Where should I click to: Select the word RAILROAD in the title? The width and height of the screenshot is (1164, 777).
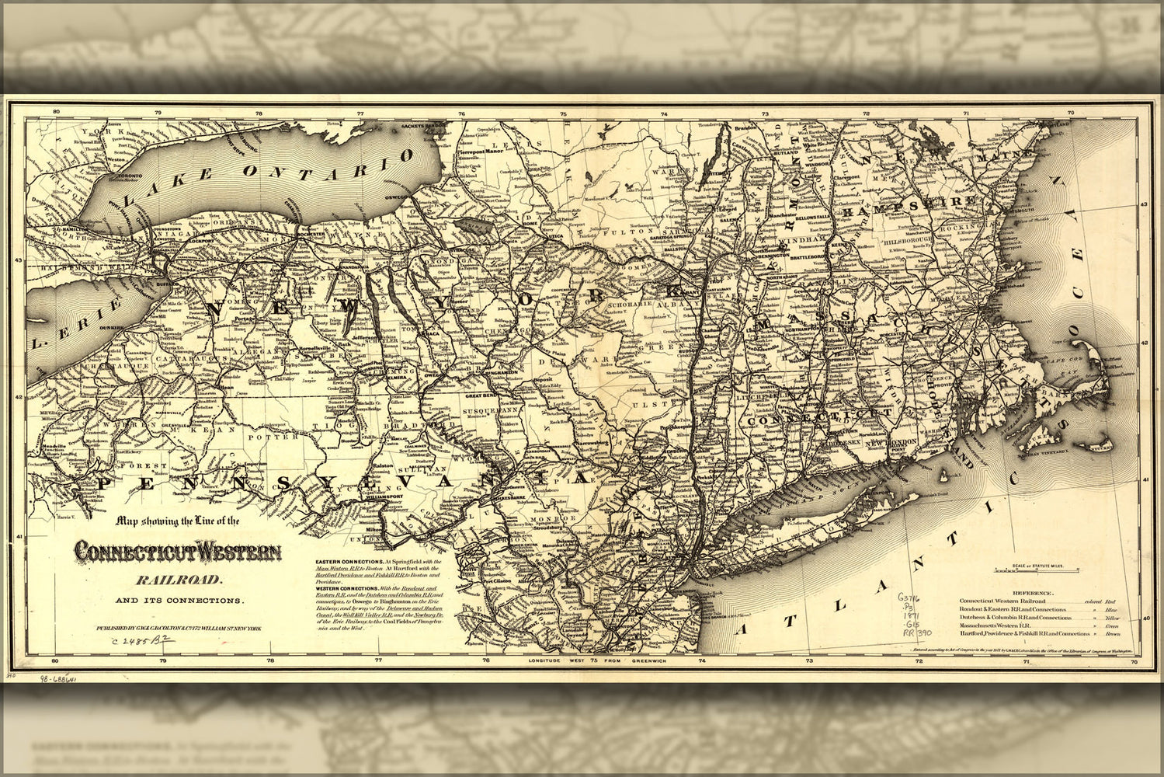180,579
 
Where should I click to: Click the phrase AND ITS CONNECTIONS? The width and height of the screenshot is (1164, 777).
179,601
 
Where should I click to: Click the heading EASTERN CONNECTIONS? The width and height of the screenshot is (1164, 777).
349,560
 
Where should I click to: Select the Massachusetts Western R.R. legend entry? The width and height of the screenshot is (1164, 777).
1002,623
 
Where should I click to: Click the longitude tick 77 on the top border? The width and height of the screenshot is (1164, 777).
360,114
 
